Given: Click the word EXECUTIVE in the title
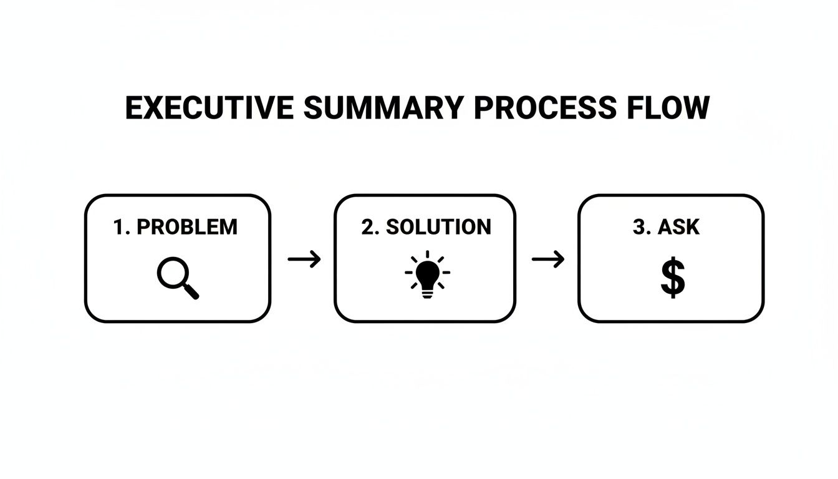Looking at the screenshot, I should point(209,108).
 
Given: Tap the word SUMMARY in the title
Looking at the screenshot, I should point(383,108).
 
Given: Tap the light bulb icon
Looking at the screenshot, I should point(427,275).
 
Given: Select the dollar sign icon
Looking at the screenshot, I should point(672,278).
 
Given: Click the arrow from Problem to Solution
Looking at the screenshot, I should point(304,259).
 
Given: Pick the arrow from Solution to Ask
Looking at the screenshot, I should point(547,259).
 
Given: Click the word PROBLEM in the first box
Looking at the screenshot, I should point(187,227).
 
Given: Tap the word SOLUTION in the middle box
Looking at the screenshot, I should point(438,227).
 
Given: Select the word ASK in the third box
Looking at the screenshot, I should point(679,227).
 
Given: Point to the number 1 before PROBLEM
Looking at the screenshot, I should point(118,227).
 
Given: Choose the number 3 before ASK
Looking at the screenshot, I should point(638,227).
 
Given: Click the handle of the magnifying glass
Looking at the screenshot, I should point(191,291).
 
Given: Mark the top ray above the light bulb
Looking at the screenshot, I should point(427,254).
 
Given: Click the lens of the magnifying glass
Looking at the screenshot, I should point(170,272).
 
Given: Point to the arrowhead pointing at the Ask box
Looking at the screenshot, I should point(561,259).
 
